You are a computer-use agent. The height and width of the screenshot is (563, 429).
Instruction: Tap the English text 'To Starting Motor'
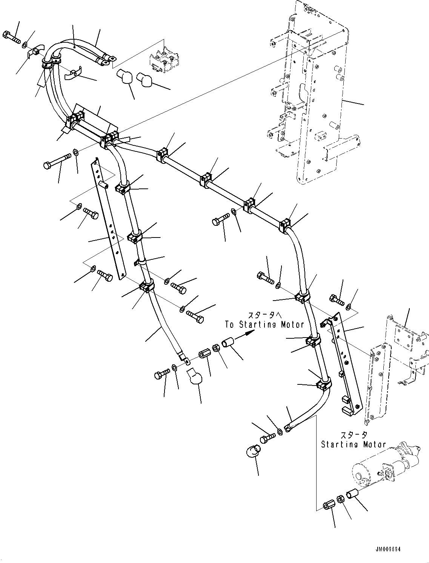[x=264, y=324]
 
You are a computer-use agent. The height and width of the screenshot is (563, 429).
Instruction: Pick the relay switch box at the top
[x=165, y=60]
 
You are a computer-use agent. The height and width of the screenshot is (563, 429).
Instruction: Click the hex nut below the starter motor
[x=340, y=499]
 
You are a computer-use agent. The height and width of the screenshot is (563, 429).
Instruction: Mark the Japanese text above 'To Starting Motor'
[x=264, y=315]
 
